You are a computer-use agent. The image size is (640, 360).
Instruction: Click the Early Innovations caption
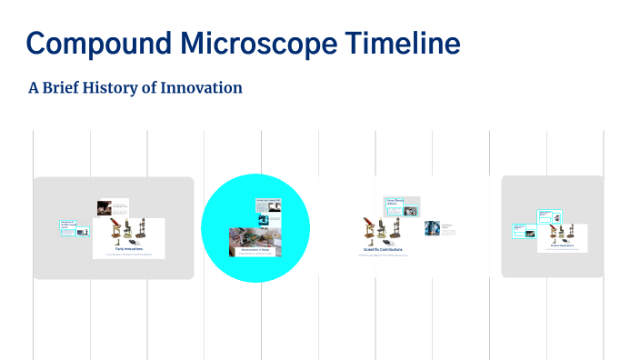click(129, 248)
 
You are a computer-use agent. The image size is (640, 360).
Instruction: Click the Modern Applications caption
click(562, 245)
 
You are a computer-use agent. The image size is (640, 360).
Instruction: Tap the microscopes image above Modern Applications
click(562, 233)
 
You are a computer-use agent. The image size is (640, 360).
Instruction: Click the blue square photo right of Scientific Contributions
click(432, 228)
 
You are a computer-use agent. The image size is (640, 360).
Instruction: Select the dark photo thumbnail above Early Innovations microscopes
click(105, 207)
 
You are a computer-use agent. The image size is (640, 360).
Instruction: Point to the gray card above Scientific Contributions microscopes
click(402, 206)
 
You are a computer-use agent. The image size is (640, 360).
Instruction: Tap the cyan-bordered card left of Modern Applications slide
click(524, 230)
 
